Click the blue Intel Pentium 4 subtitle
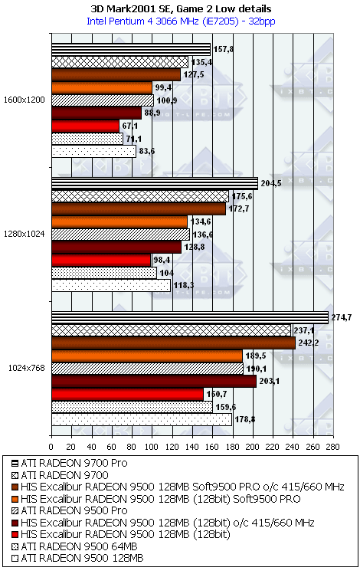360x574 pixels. click(181, 21)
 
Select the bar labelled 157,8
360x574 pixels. click(131, 49)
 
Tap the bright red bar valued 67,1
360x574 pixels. click(85, 126)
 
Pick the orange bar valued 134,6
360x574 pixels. click(119, 221)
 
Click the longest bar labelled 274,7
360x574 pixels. click(190, 318)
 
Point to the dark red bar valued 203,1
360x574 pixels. click(154, 382)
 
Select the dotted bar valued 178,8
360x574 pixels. click(142, 419)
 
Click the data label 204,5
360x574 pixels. click(271, 184)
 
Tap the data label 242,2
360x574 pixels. click(306, 343)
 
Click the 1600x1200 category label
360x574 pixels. click(25, 100)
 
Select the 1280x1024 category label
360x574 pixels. click(25, 234)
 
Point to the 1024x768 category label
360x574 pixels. click(27, 368)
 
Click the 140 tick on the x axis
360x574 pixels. click(192, 447)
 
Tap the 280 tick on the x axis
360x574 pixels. click(333, 447)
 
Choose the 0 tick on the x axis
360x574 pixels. click(51, 447)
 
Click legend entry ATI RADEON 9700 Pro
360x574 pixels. click(70, 463)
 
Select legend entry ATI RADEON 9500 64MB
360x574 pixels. click(74, 546)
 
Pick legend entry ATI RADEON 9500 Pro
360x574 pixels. click(70, 510)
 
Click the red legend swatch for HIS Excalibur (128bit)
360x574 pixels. click(15, 535)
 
